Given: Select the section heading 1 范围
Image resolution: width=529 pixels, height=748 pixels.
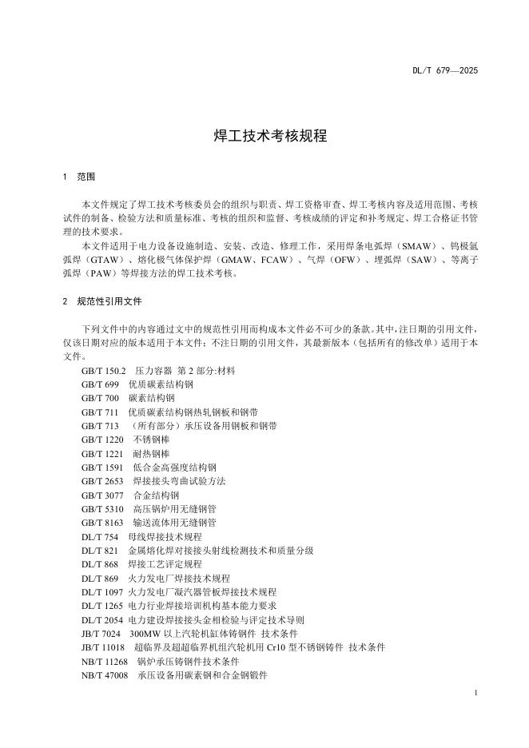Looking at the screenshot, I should (x=80, y=176).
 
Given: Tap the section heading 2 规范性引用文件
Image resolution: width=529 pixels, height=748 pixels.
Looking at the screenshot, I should (x=102, y=302).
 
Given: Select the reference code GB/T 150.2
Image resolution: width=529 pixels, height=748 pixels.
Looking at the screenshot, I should (x=103, y=371).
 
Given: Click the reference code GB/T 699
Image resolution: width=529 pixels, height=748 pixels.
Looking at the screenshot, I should (x=100, y=384).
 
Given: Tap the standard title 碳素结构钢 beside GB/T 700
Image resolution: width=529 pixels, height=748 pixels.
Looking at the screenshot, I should (x=151, y=397).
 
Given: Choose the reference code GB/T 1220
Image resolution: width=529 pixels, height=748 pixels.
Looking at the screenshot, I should (x=102, y=439).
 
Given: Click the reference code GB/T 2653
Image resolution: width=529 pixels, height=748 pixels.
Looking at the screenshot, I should (x=102, y=481).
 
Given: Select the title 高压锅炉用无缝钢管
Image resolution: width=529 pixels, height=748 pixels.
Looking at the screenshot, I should (x=174, y=508).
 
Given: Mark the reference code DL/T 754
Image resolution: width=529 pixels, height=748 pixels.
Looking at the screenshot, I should (x=100, y=536).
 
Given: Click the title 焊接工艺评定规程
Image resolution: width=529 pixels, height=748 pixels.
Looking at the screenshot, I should (x=159, y=564).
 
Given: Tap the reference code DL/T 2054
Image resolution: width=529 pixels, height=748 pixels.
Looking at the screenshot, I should (x=102, y=619).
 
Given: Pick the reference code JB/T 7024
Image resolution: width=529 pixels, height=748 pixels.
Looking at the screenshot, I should (x=100, y=634).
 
